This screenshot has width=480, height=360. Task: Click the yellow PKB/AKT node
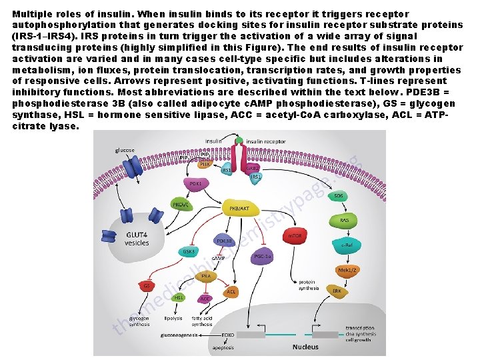point(239,208)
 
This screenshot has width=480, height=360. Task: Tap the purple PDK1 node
point(196,182)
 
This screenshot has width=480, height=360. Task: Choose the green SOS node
point(339,195)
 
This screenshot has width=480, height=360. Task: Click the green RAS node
point(344,219)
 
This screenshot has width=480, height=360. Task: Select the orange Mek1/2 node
point(347,270)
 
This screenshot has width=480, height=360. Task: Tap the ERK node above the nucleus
point(337,291)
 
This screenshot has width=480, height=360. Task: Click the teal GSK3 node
point(189,251)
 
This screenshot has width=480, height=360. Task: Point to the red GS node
point(146,285)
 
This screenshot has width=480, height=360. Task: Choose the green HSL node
point(179,297)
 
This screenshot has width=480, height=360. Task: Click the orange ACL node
point(231,291)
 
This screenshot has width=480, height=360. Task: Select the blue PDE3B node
point(223,241)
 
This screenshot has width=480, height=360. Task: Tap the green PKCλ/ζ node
point(180,205)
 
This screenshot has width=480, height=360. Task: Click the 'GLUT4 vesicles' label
point(137,238)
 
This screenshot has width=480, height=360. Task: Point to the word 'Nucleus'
point(306,347)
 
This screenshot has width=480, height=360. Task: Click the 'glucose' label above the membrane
point(125,150)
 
